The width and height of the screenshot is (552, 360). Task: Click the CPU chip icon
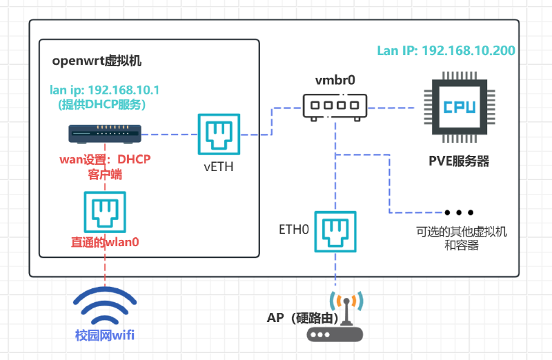point(460,107)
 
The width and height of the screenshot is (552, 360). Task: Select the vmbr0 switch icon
point(335,107)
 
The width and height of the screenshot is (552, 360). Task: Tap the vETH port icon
point(219,134)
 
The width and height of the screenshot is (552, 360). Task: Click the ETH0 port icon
point(335,232)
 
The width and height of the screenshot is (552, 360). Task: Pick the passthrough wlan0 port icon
point(105,212)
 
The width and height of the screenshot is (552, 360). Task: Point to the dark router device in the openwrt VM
point(105,134)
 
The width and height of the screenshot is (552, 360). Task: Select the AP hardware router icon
point(335,317)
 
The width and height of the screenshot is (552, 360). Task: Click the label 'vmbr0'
point(335,80)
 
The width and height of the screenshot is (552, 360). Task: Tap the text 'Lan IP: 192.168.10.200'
point(446,50)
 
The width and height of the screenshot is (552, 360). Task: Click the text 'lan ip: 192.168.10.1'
point(104,90)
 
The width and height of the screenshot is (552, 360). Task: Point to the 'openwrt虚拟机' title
point(97,61)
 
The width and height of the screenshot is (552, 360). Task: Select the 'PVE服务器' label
point(459,161)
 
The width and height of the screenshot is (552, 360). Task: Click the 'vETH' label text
point(219,166)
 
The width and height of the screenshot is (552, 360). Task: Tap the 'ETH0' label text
point(294,230)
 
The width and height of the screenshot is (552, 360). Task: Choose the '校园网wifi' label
point(105,335)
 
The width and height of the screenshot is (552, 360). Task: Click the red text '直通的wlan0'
point(105,242)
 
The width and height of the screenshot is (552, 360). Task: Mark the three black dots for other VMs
point(459,212)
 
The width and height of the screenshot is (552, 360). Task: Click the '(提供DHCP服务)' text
point(101,105)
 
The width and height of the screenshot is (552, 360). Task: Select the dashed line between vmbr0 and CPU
point(391,108)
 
